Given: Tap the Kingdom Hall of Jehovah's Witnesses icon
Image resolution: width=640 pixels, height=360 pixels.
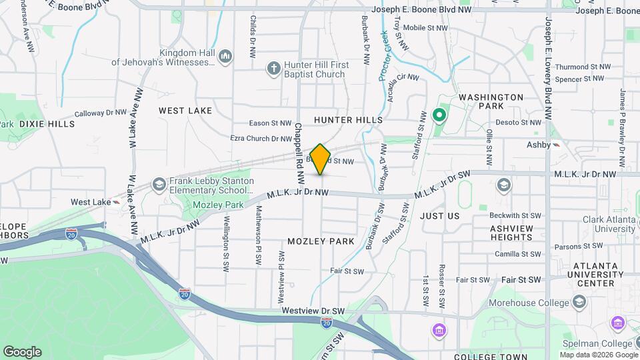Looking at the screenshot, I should pyautogui.click(x=225, y=55).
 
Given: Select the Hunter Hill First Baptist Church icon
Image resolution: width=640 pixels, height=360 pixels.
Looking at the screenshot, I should pyautogui.click(x=273, y=67).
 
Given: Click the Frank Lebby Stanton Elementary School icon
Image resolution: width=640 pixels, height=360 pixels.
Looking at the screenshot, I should pyautogui.click(x=159, y=183).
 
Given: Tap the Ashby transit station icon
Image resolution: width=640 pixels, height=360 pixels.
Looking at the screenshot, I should pyautogui.click(x=556, y=145).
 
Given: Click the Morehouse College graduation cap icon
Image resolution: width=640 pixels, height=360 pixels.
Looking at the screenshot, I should pyautogui.click(x=579, y=303).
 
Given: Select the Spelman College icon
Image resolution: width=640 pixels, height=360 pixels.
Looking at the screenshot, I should pyautogui.click(x=617, y=324).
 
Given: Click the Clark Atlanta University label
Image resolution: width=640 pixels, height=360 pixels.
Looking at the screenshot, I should pyautogui.click(x=598, y=223).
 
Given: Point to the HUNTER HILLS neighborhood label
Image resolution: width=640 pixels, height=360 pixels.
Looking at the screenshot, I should pyautogui.click(x=348, y=119).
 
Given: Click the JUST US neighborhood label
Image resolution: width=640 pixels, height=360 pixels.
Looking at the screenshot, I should pyautogui.click(x=440, y=216).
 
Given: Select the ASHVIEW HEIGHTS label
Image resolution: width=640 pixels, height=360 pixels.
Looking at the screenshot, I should pyautogui.click(x=511, y=233).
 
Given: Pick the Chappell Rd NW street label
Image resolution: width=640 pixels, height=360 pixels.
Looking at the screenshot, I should pyautogui.click(x=299, y=153).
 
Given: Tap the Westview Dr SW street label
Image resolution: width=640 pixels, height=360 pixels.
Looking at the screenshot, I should pyautogui.click(x=313, y=311).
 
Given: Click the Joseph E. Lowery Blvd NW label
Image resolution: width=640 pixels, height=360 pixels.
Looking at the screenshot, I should pyautogui.click(x=549, y=60).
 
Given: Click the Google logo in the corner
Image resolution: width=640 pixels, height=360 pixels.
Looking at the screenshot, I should pyautogui.click(x=22, y=352).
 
